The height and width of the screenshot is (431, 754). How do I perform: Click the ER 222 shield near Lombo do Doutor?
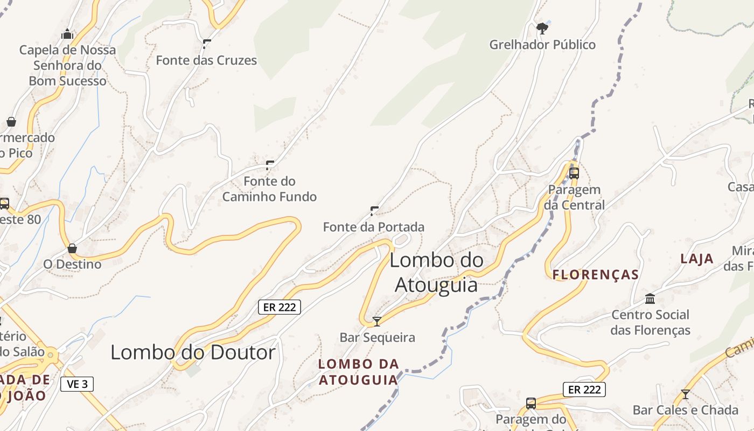(279, 307)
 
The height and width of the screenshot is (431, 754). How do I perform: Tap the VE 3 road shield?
(77, 384)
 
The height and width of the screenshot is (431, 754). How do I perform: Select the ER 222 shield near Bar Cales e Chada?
(584, 390)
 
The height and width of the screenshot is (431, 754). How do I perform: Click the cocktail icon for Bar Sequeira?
(377, 322)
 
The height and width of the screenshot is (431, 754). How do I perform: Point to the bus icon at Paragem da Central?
(574, 173)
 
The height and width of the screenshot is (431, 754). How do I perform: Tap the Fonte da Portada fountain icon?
(374, 211)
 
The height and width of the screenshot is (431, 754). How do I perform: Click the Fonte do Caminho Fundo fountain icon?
(270, 165)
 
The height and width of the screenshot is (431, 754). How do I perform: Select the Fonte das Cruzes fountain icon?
(206, 44)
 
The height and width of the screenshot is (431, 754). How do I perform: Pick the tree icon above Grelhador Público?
(542, 28)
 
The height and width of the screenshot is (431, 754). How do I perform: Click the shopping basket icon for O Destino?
(72, 248)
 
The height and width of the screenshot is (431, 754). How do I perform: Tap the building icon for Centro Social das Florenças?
(650, 298)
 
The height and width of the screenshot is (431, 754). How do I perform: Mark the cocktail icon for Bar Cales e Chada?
(685, 394)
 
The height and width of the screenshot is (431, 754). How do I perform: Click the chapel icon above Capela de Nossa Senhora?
(67, 34)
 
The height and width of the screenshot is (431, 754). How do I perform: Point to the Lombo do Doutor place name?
(193, 352)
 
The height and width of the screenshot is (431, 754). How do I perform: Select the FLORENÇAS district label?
(596, 275)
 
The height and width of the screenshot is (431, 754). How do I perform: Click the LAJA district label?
(697, 259)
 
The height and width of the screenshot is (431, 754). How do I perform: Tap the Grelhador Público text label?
(542, 45)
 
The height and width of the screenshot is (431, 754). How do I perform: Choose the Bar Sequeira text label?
(377, 338)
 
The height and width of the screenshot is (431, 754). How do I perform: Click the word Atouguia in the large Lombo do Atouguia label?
(436, 284)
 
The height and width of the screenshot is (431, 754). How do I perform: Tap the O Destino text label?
(72, 265)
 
